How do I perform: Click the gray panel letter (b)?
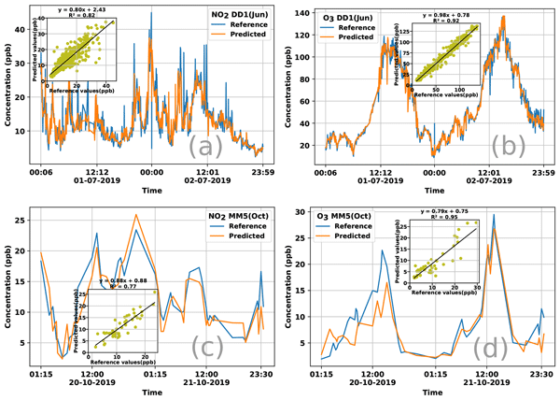pyautogui.click(x=501, y=148)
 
